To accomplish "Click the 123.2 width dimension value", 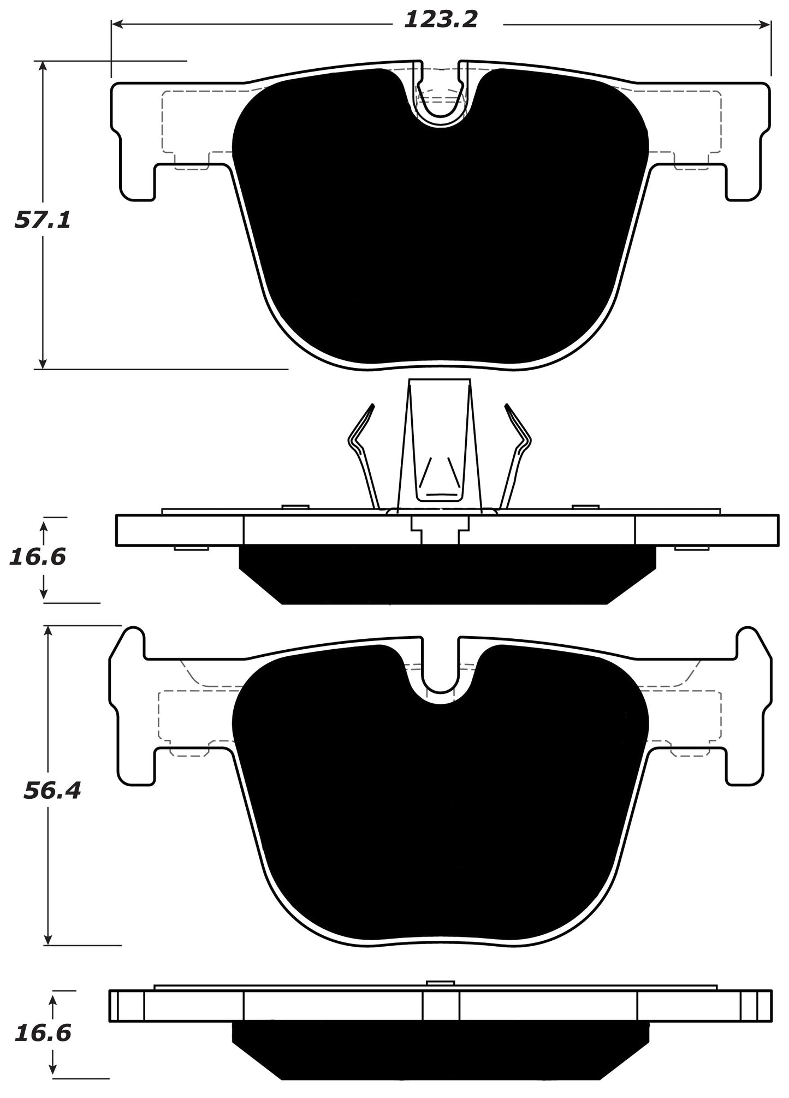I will pyautogui.click(x=441, y=21).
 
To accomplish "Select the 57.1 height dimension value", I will pyautogui.click(x=42, y=221).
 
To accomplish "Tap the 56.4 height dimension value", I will pyautogui.click(x=52, y=791).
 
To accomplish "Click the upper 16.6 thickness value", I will pyautogui.click(x=37, y=557).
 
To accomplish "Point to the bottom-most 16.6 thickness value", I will pyautogui.click(x=43, y=1034).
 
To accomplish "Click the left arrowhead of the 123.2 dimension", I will pyautogui.click(x=116, y=24).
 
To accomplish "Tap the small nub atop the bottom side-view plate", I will pyautogui.click(x=440, y=983).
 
